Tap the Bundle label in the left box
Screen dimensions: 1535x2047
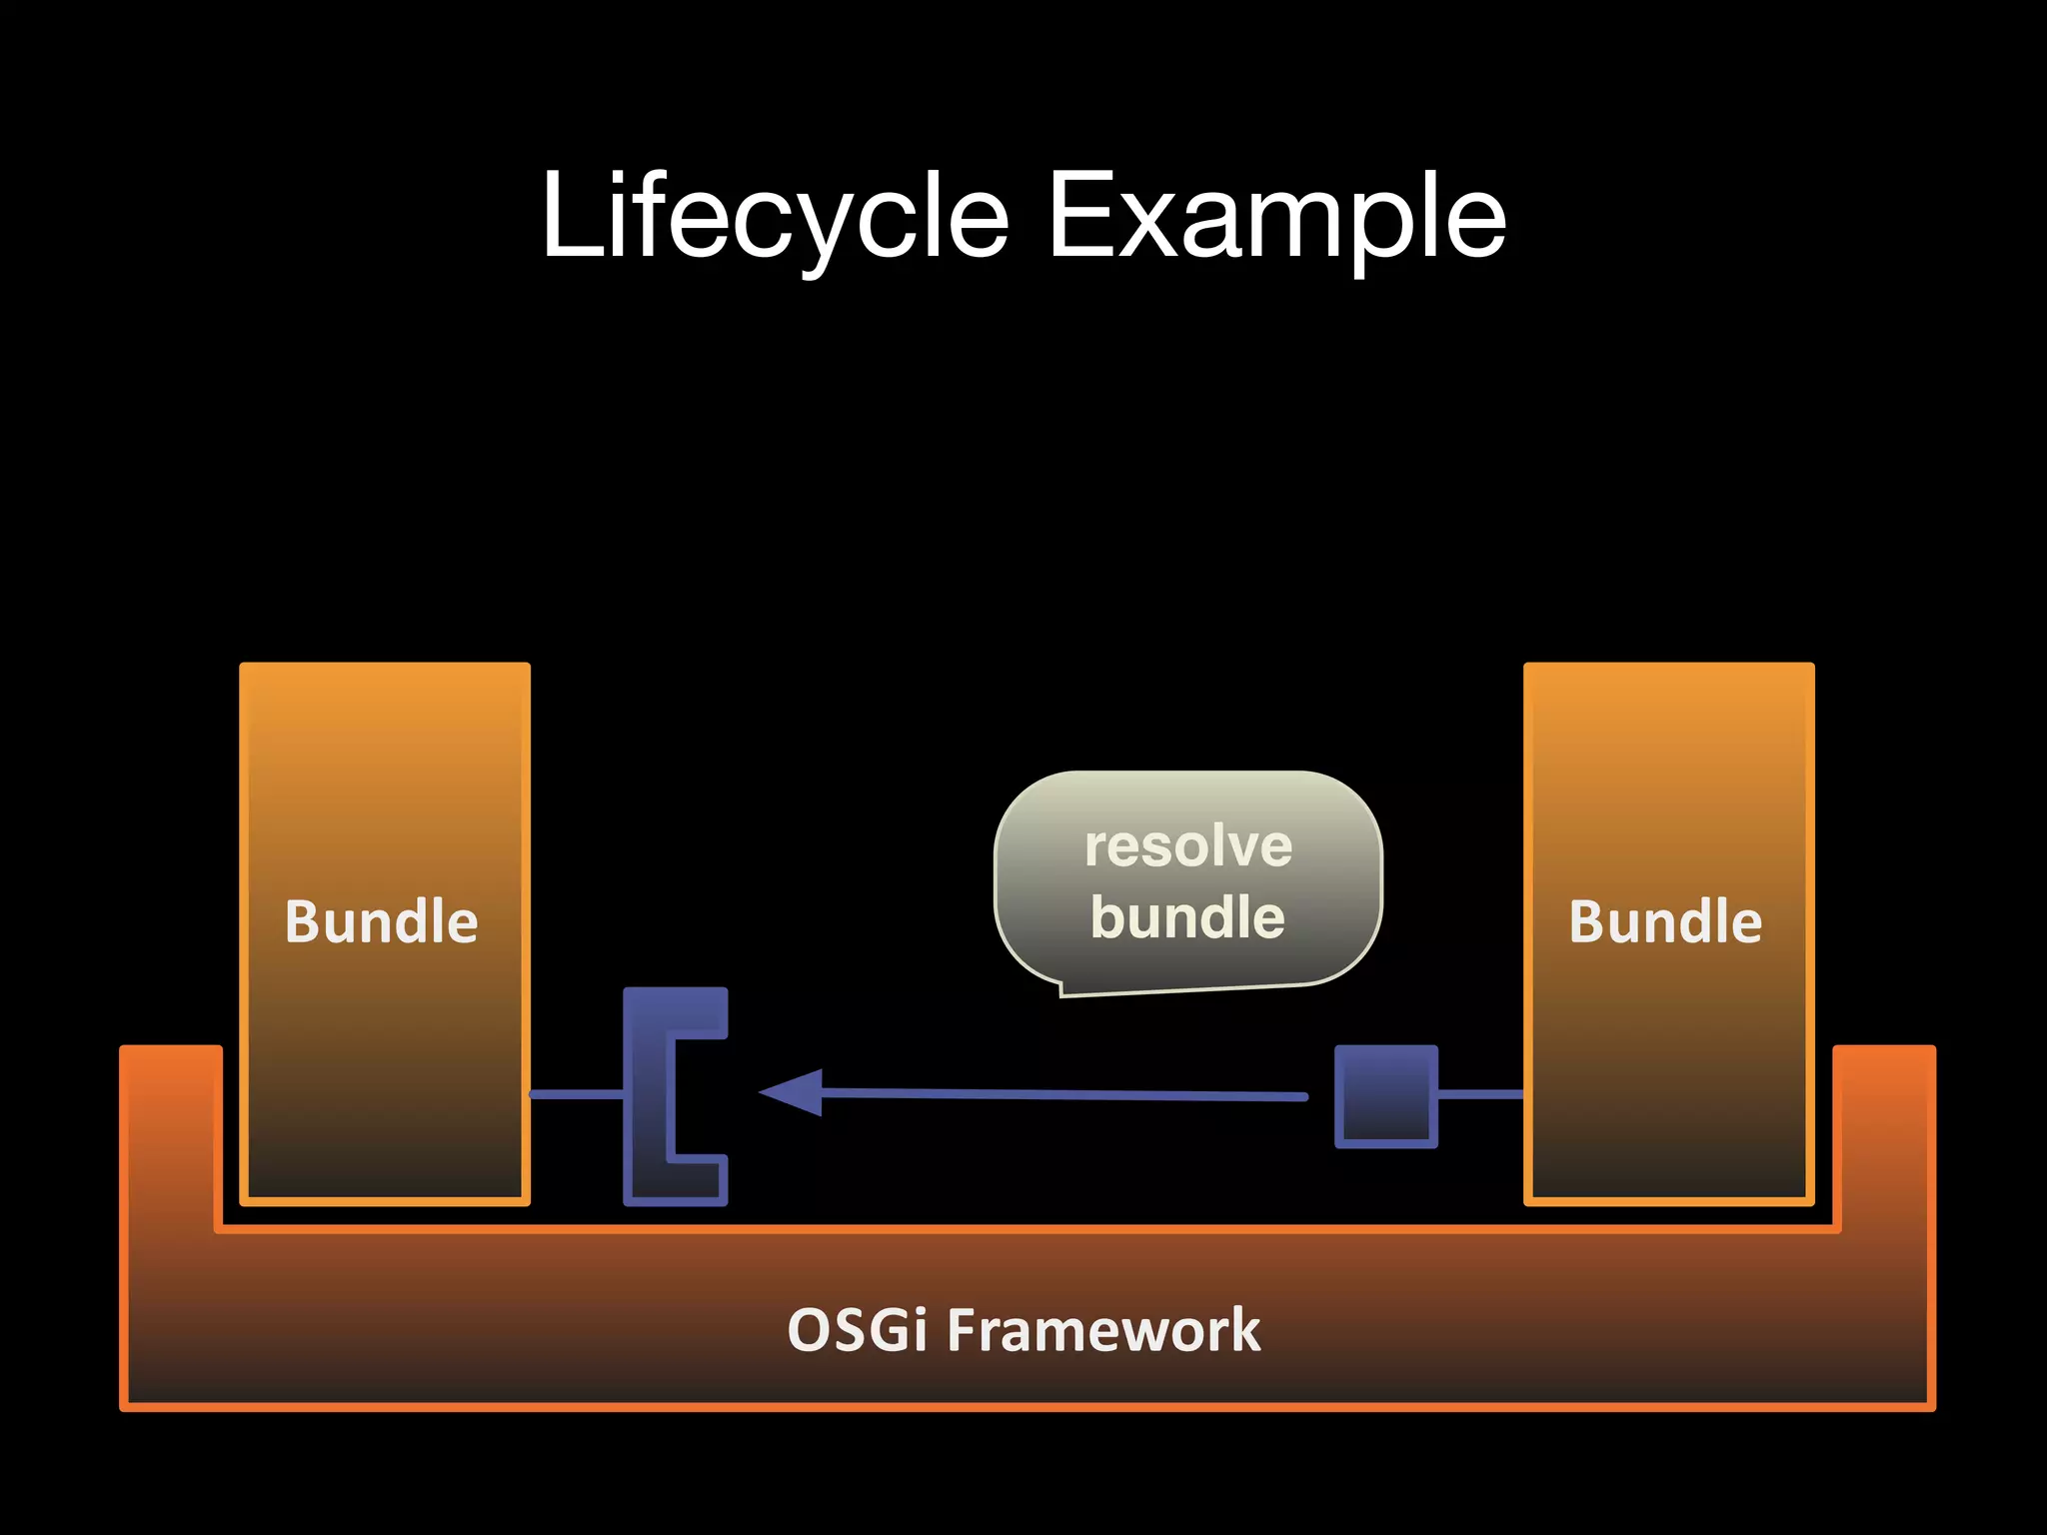point(382,920)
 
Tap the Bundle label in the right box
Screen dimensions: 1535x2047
point(1665,920)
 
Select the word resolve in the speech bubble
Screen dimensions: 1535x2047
point(1188,846)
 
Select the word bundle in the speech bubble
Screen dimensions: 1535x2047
point(1187,916)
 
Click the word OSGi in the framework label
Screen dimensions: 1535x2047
point(857,1330)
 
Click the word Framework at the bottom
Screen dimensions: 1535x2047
point(1103,1330)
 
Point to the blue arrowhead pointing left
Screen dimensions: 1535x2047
point(795,1092)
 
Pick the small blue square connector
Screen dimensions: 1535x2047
point(1385,1096)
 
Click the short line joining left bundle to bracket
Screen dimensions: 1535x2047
point(576,1095)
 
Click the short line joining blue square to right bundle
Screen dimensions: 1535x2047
point(1480,1095)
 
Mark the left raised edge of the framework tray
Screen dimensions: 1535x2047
point(170,1129)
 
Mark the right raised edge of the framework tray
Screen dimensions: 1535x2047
point(1884,1129)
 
